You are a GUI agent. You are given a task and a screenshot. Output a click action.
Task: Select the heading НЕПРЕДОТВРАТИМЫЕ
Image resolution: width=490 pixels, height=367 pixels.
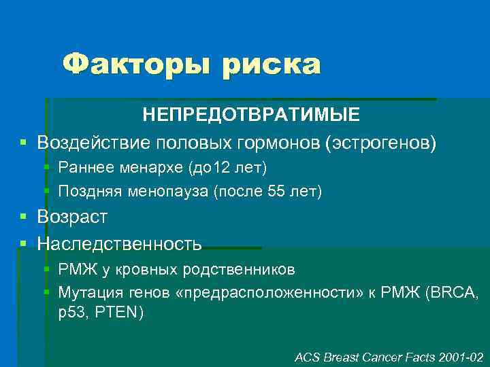(x=251, y=115)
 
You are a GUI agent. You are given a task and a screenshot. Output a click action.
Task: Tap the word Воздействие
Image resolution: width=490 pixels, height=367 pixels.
(x=94, y=143)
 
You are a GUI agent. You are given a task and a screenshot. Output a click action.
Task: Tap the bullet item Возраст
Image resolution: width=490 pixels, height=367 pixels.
(x=72, y=217)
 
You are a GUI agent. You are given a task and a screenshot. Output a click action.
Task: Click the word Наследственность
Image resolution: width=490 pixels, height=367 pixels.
(x=119, y=243)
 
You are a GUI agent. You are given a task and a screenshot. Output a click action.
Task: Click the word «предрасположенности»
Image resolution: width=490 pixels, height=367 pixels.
(x=264, y=294)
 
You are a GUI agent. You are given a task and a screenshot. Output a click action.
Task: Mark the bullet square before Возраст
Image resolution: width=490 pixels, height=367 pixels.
(x=24, y=217)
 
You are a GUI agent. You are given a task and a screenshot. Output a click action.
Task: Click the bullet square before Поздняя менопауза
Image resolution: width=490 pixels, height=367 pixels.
(x=46, y=192)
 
